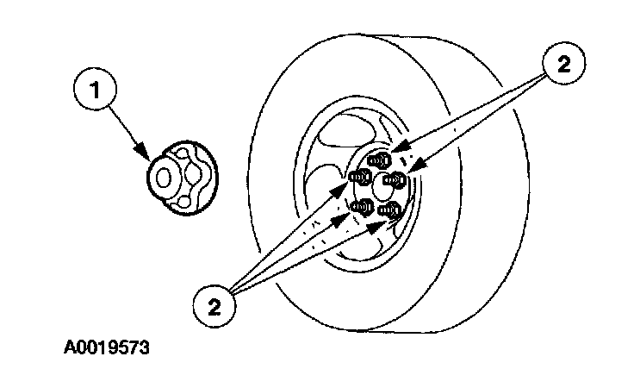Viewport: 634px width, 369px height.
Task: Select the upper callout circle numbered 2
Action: click(561, 62)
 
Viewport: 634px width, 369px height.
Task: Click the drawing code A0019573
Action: click(107, 347)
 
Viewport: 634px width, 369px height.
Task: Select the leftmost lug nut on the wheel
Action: click(360, 177)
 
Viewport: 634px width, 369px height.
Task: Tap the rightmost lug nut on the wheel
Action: click(396, 179)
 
